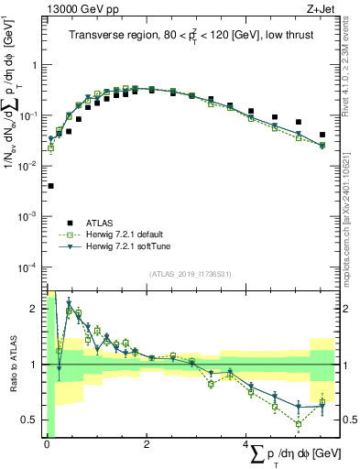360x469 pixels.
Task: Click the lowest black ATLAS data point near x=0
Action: coord(49,186)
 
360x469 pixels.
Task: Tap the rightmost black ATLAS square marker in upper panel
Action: coord(322,135)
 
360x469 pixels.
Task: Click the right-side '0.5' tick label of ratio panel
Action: coord(349,420)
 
